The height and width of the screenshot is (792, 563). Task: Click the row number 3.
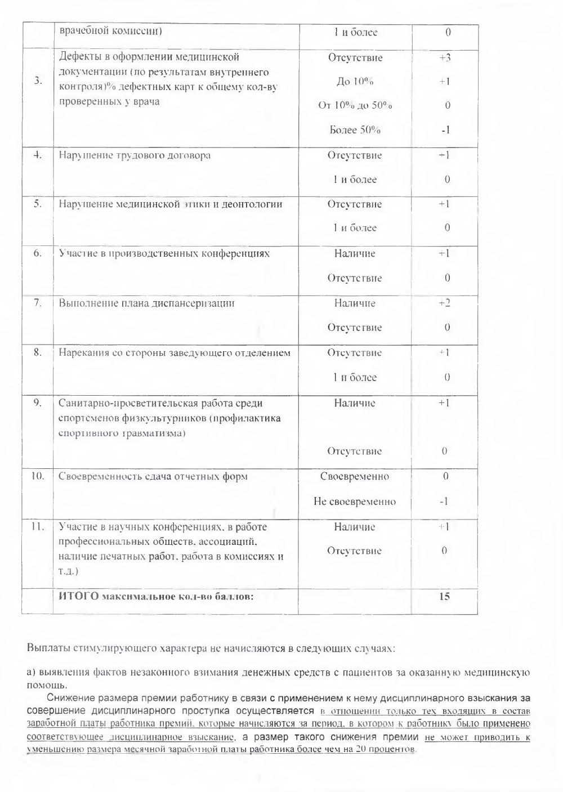click(x=38, y=80)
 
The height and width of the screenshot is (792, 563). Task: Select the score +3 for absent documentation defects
click(x=445, y=57)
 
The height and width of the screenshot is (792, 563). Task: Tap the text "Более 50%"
click(x=355, y=130)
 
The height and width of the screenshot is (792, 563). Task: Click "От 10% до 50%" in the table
click(x=355, y=106)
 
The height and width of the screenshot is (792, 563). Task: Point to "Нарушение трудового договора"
click(x=135, y=155)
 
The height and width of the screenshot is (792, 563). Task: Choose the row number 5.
click(x=38, y=204)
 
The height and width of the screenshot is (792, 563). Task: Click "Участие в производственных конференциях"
click(x=164, y=253)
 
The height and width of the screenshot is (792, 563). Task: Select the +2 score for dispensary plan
click(x=445, y=303)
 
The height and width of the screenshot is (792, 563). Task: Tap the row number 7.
click(x=38, y=303)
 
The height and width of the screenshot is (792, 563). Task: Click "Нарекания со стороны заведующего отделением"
click(x=175, y=353)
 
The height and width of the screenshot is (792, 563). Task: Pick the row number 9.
click(x=38, y=403)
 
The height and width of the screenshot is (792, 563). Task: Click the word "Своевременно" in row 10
click(x=355, y=476)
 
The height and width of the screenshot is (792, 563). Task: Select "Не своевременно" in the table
click(x=355, y=501)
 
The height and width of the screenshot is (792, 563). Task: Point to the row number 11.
click(x=38, y=527)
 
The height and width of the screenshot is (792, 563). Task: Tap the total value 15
click(x=444, y=596)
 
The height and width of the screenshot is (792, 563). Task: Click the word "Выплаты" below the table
click(x=49, y=648)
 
